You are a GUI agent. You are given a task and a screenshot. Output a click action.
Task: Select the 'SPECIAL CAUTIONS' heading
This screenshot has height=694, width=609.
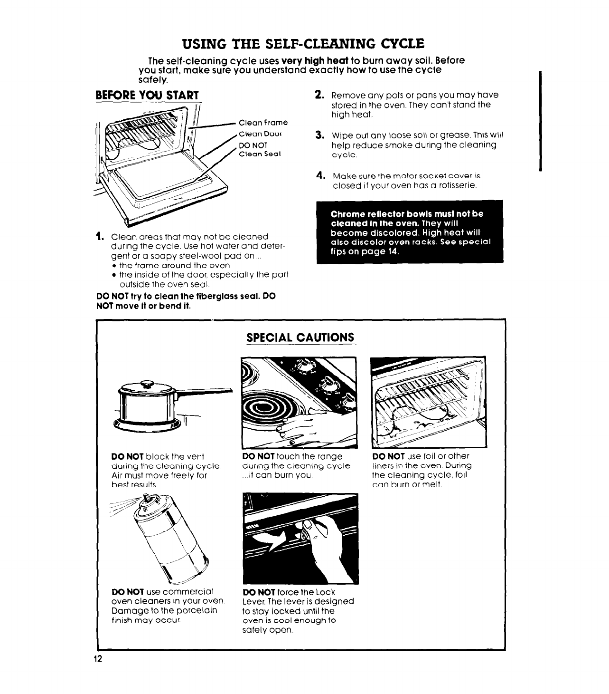click(x=300, y=337)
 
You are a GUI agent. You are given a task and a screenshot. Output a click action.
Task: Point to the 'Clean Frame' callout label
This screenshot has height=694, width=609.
click(x=263, y=123)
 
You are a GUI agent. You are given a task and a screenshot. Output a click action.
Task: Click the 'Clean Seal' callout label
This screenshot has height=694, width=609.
click(x=260, y=154)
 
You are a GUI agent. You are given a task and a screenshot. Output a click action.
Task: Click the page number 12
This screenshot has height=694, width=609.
click(x=98, y=659)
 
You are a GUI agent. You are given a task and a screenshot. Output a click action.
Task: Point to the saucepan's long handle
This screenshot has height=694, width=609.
click(x=204, y=392)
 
